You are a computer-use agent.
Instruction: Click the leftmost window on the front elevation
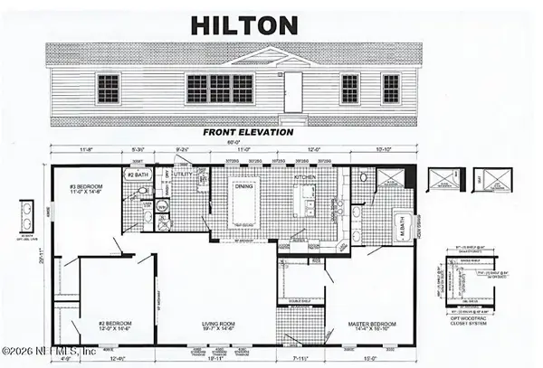[x=108, y=89]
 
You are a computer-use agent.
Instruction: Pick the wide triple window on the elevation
[x=220, y=89]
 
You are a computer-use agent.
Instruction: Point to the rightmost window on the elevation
[x=391, y=89]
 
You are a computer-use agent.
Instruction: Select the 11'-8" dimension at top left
[x=86, y=150]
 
